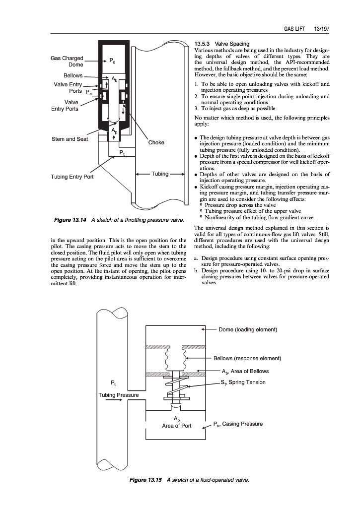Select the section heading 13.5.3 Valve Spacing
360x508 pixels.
[x=222, y=44]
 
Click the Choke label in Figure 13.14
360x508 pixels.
[x=156, y=143]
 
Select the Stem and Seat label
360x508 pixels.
[x=70, y=139]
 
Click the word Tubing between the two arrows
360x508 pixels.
[x=160, y=174]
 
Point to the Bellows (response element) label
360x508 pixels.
[x=247, y=358]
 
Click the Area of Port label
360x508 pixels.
[x=176, y=426]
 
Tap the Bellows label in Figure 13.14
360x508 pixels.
[x=70, y=76]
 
